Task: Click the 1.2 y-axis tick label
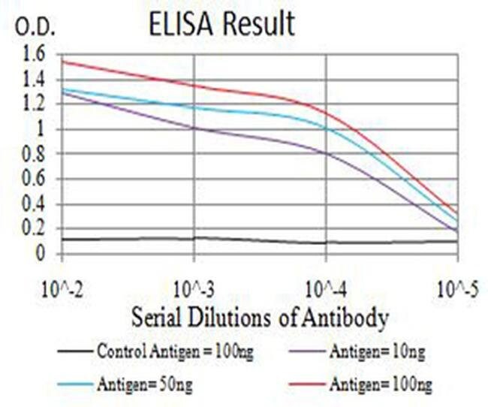click(x=34, y=104)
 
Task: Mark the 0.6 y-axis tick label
click(x=34, y=179)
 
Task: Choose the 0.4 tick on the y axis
click(x=34, y=204)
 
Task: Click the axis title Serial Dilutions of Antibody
click(x=260, y=318)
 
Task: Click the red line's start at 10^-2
click(x=63, y=62)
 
